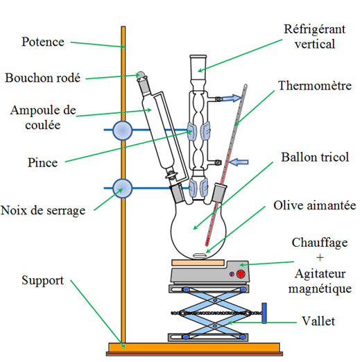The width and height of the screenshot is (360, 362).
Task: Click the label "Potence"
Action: click(43, 42)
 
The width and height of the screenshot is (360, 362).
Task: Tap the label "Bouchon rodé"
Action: click(43, 78)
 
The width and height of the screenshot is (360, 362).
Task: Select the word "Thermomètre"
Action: click(315, 86)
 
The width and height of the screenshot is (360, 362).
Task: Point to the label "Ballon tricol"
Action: click(315, 157)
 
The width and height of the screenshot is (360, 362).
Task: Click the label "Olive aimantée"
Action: click(315, 205)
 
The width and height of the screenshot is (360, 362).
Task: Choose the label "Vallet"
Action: click(318, 321)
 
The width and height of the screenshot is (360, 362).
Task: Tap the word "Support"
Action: click(42, 281)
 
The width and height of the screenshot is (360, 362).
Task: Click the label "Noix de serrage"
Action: click(43, 211)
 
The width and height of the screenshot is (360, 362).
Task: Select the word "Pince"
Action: click(42, 162)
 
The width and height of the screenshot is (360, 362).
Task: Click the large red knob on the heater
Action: click(241, 274)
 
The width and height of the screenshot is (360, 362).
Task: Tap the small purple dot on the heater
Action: click(232, 274)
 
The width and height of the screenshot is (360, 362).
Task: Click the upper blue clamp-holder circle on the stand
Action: click(123, 130)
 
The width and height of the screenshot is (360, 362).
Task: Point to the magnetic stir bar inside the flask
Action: click(199, 255)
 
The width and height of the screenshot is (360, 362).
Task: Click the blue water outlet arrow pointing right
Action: click(232, 98)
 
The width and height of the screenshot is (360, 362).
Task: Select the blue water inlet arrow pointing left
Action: click(239, 162)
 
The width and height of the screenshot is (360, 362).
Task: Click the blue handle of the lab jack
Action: click(264, 313)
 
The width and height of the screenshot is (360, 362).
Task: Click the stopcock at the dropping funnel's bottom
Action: click(171, 175)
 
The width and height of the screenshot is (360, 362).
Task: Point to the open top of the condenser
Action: click(198, 56)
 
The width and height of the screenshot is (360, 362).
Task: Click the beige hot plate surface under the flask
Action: click(198, 262)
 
